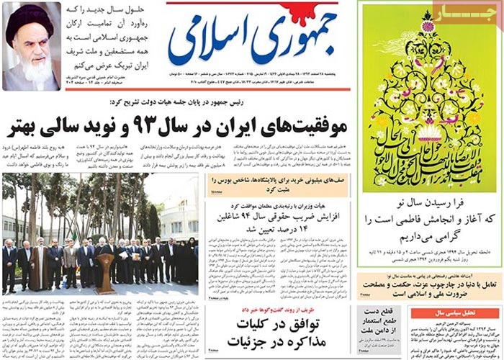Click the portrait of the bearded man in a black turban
tap(32, 47)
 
